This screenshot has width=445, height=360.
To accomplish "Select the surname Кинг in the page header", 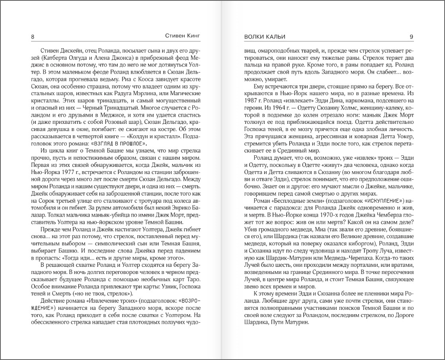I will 191,36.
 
